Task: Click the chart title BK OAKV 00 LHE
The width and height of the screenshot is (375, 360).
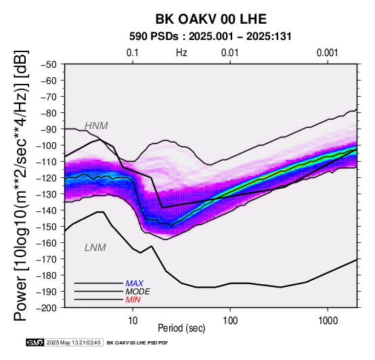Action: (211, 19)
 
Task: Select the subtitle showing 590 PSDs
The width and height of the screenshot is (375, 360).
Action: (211, 37)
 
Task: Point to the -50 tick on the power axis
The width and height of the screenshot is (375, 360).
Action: (48, 64)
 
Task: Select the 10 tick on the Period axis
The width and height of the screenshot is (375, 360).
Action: (133, 321)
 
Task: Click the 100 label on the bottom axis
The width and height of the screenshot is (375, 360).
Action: (230, 321)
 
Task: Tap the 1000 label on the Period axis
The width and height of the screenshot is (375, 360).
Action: (328, 321)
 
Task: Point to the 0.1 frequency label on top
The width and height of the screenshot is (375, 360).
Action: (133, 53)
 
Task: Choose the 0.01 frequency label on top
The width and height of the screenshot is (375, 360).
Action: (230, 53)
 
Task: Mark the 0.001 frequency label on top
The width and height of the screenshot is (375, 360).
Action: (327, 53)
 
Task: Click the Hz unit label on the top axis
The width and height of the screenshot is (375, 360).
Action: (181, 53)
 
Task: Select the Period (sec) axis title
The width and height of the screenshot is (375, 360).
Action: (181, 328)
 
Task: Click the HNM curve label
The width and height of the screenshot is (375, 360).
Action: (96, 126)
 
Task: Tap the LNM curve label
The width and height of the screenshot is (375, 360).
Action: (95, 248)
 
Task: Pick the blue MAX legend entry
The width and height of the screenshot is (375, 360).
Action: (135, 284)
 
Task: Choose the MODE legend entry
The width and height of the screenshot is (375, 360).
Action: (138, 292)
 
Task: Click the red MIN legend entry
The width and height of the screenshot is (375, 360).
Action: (133, 300)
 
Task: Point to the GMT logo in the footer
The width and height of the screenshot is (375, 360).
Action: (35, 342)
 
